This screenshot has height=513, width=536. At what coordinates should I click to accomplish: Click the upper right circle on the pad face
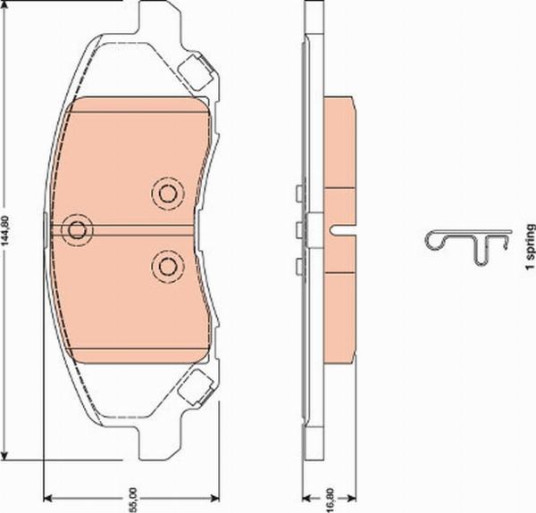(x=166, y=192)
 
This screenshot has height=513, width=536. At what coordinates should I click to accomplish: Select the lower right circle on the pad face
(x=166, y=265)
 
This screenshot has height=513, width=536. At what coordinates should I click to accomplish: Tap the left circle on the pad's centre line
(x=77, y=228)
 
